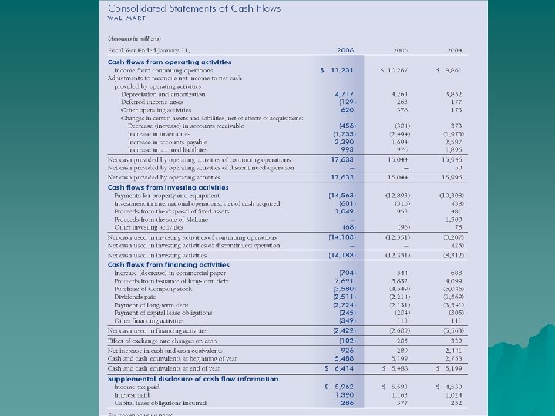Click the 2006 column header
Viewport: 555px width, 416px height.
coord(345,50)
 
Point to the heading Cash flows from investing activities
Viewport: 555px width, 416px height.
coord(168,187)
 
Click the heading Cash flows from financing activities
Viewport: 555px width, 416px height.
coord(167,265)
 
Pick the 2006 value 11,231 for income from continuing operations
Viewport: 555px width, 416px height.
coord(342,69)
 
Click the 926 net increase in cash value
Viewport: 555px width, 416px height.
coord(347,351)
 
